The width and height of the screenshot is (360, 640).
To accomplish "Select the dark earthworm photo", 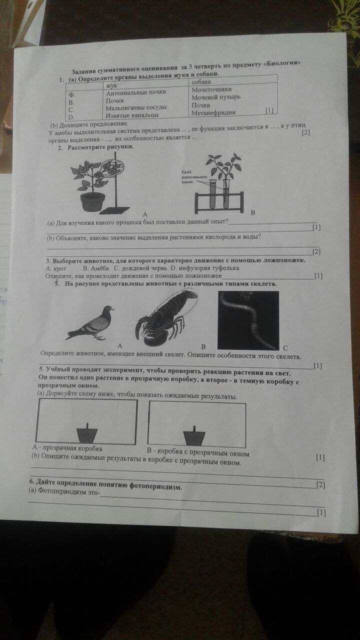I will [248, 320].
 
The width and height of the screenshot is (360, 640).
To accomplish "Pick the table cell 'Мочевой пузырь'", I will [216, 97].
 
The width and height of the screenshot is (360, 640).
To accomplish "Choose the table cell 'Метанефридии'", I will [213, 112].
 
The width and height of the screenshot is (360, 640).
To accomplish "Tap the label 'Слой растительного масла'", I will [192, 176].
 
